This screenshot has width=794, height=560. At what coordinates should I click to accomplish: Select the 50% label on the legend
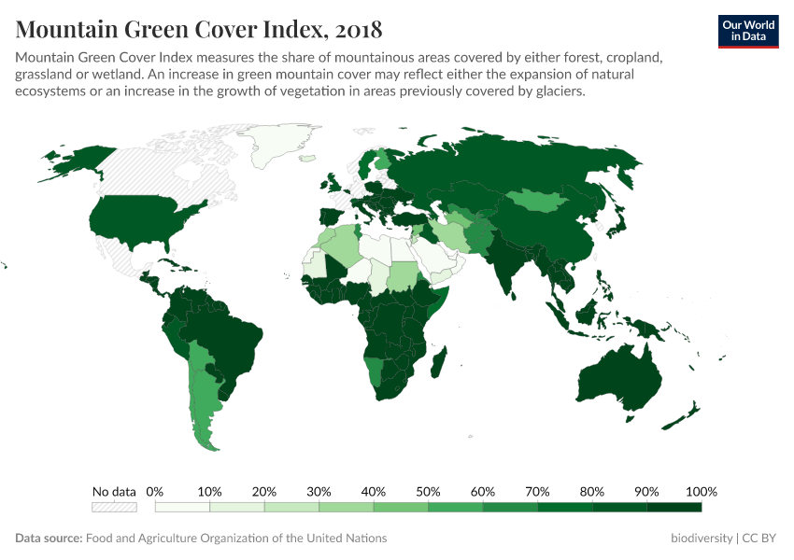(428, 492)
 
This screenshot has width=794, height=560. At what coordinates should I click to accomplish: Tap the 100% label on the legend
(701, 492)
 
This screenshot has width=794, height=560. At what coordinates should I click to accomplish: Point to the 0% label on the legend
(155, 492)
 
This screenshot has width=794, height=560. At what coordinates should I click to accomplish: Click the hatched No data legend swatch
(114, 507)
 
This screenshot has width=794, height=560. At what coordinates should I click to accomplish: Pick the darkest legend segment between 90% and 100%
(674, 507)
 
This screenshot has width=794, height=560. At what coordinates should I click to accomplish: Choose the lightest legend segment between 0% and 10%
(182, 507)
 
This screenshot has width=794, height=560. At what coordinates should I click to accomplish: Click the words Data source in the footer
(49, 539)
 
